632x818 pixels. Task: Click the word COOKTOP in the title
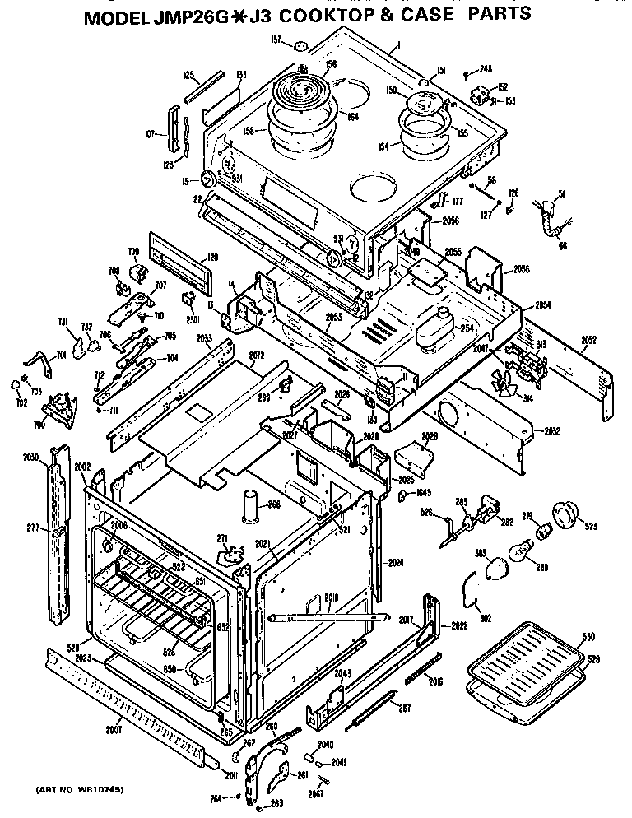point(366,14)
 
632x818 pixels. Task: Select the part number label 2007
point(113,728)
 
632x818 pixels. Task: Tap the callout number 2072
point(255,356)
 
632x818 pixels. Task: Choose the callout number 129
point(211,258)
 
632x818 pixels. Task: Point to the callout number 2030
point(30,457)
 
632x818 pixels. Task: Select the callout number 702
point(21,402)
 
